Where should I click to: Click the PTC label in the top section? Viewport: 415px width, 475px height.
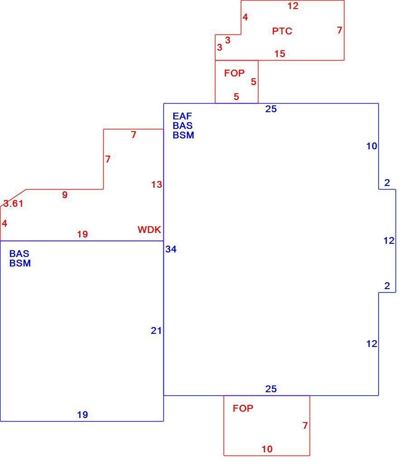click(282, 31)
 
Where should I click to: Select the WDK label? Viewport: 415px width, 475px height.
click(149, 230)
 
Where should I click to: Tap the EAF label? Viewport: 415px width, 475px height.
click(182, 116)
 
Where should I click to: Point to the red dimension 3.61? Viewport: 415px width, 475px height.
click(13, 203)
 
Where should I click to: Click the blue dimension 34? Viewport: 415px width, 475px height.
click(171, 249)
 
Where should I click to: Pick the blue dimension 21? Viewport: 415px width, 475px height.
click(156, 331)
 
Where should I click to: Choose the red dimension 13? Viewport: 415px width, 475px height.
click(157, 185)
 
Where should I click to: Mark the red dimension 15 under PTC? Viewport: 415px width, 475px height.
click(280, 54)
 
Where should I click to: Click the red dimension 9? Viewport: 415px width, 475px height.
click(65, 195)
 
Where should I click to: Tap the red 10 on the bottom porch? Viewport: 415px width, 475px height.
click(267, 449)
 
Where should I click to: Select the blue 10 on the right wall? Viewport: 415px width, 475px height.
click(372, 146)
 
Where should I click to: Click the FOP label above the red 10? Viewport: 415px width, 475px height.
click(243, 408)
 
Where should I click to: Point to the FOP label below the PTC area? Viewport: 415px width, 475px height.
click(234, 73)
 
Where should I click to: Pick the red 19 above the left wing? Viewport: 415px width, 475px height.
click(82, 234)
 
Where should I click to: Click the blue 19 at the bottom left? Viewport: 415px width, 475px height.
click(82, 415)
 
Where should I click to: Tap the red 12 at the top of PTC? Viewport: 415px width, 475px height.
click(293, 6)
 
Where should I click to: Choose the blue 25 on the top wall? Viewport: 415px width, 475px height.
click(271, 109)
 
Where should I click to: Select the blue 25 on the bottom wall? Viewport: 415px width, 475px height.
click(271, 389)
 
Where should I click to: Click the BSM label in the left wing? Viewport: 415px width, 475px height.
click(20, 263)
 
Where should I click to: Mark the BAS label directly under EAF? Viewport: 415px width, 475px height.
click(182, 125)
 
